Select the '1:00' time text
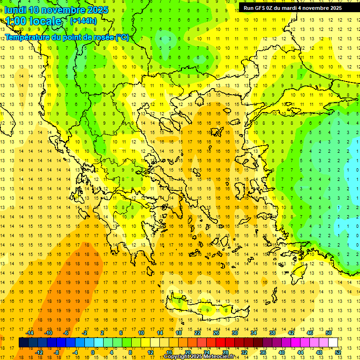pos(15,21)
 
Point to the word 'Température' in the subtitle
pos(27,37)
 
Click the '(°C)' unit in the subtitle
pos(122,37)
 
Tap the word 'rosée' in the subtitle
pos(102,37)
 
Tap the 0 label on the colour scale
pos(92,352)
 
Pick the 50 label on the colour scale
pos(328,333)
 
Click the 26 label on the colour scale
pos(216,333)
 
